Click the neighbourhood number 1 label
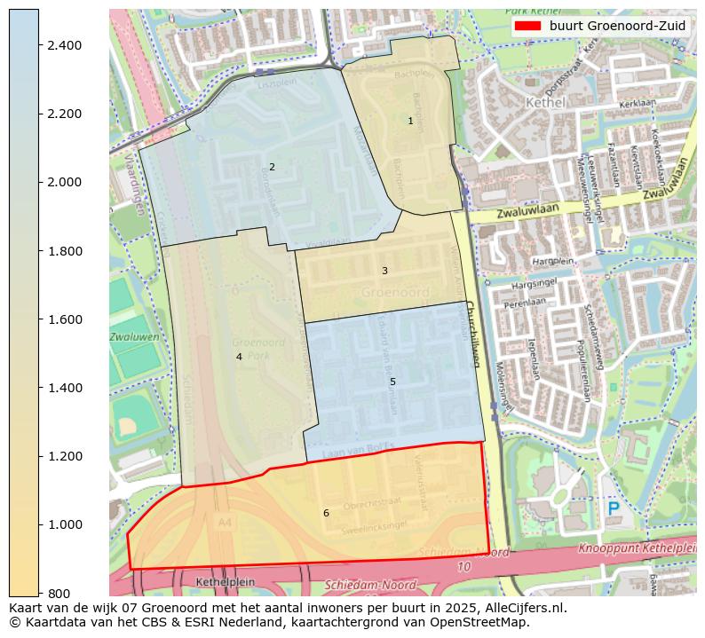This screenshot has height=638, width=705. [410, 121]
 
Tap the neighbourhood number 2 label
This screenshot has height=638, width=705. [272, 167]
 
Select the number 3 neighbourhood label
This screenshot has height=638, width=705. [384, 271]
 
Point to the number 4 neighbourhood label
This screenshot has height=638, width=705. [239, 357]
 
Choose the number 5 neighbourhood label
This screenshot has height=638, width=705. [392, 382]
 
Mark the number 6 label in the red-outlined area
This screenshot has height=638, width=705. [326, 513]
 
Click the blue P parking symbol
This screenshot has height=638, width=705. [614, 508]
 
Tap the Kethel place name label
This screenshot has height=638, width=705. [545, 102]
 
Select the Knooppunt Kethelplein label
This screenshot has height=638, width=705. [636, 548]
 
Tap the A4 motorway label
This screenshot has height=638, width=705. [225, 524]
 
